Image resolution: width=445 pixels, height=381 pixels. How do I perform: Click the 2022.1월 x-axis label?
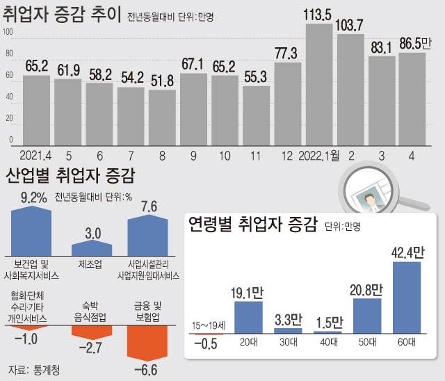pyautogui.click(x=323, y=156)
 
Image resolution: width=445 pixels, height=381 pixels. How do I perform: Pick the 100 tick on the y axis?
pyautogui.click(x=9, y=33)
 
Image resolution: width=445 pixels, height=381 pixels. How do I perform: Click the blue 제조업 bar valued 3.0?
pyautogui.click(x=92, y=248)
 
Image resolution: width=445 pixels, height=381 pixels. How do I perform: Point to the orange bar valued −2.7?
pyautogui.click(x=92, y=330)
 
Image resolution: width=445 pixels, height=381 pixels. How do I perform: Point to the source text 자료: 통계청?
pyautogui.click(x=34, y=368)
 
